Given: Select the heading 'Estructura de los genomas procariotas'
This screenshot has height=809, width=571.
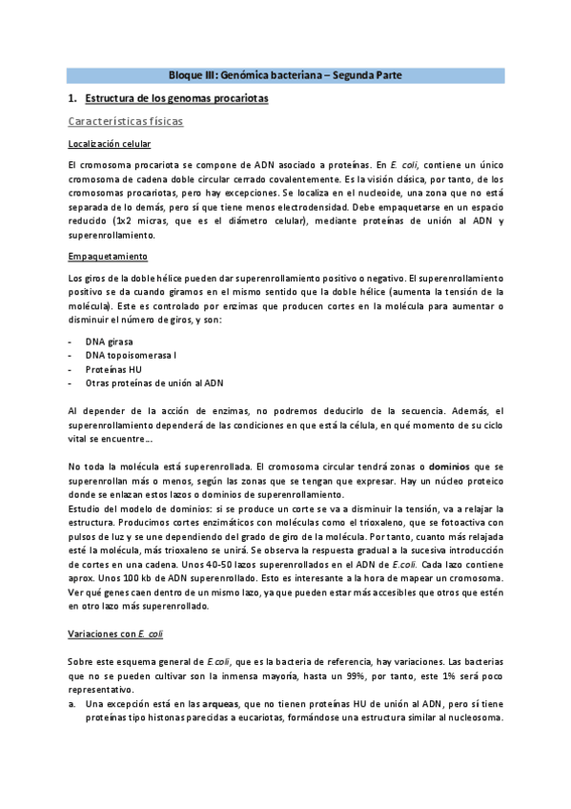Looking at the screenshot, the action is pos(176,98).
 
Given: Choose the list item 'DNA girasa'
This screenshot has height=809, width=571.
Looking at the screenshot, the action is pos(109,341).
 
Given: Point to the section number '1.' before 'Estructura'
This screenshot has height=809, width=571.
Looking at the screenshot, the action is pos(73,98).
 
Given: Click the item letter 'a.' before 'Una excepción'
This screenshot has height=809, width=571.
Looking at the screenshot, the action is pos(72,703).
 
